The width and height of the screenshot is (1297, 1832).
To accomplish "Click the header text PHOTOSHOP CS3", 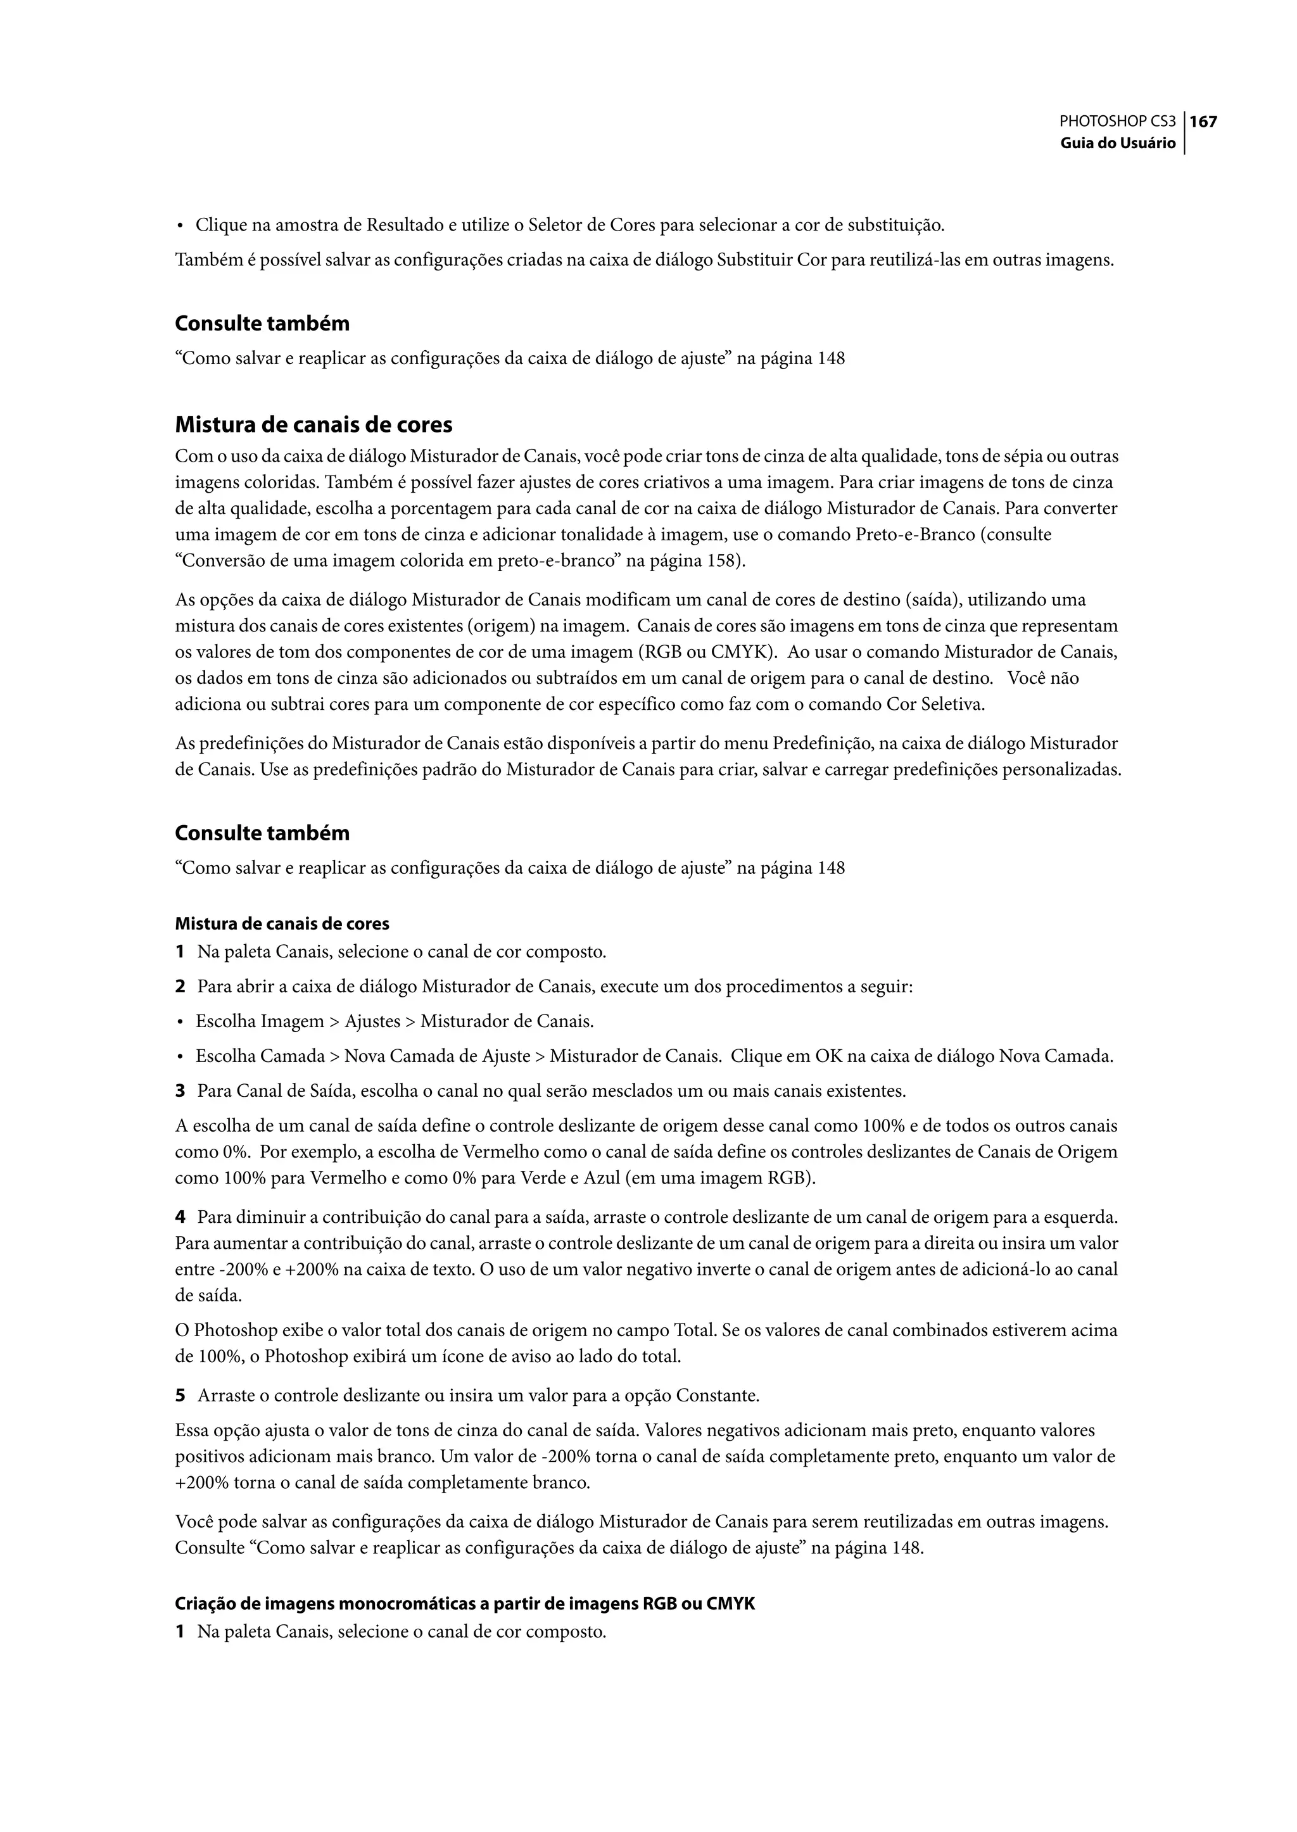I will point(1117,122).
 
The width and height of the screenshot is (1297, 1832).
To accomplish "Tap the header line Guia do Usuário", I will point(1117,144).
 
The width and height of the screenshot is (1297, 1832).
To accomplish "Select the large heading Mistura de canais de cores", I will point(313,424).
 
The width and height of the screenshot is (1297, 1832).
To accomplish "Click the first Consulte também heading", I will point(262,324).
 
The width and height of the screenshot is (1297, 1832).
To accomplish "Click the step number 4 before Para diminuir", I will point(180,1218).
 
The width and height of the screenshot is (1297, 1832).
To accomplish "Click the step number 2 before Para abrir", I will point(180,987).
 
